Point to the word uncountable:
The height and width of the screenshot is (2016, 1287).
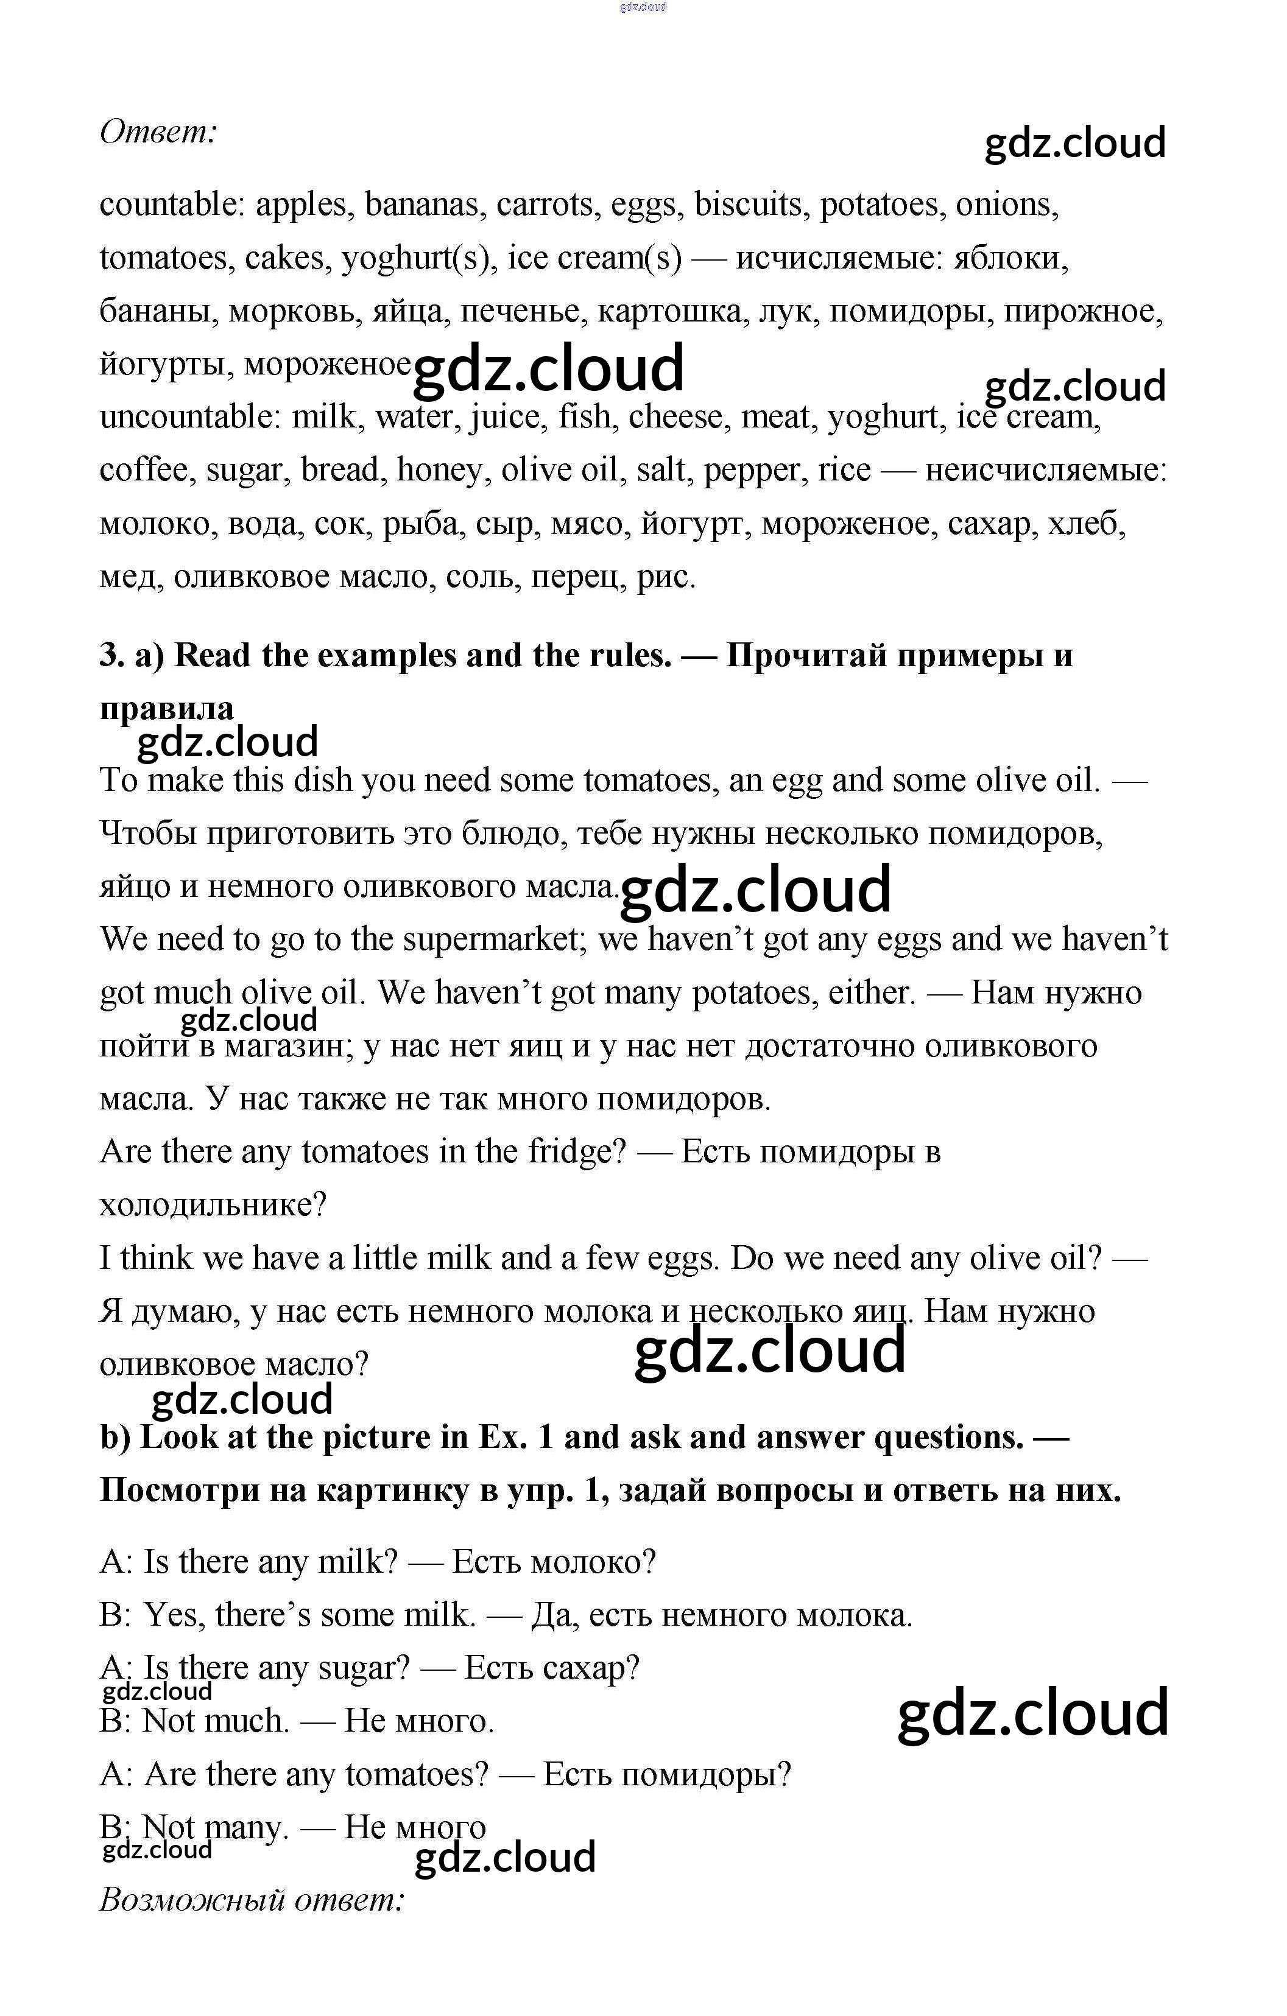(189, 417)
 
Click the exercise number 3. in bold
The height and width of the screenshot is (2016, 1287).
(112, 656)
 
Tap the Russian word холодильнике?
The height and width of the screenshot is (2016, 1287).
(213, 1206)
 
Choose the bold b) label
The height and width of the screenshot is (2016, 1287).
(116, 1438)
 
